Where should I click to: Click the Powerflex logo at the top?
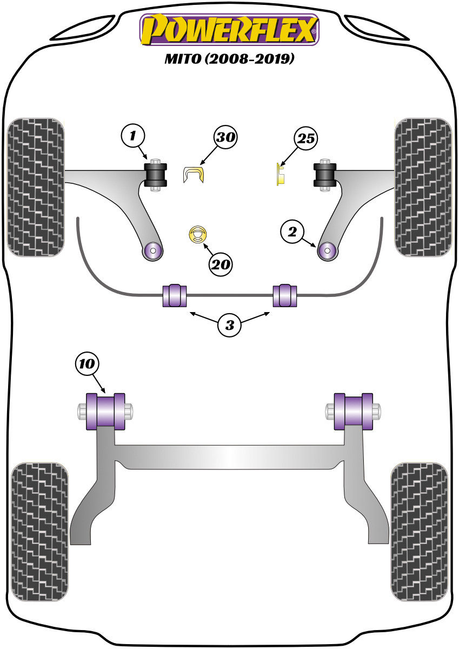tap(229, 29)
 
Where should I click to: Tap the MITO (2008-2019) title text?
tap(229, 58)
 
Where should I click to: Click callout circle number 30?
tap(225, 138)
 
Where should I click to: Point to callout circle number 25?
tap(306, 139)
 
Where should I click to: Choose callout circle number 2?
tap(292, 233)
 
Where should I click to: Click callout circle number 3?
tap(230, 325)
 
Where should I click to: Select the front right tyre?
tap(423, 187)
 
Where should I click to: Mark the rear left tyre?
tap(40, 531)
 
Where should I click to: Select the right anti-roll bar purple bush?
tap(284, 295)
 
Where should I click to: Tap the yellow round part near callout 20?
tap(198, 234)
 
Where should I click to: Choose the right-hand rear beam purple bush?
tap(354, 412)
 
